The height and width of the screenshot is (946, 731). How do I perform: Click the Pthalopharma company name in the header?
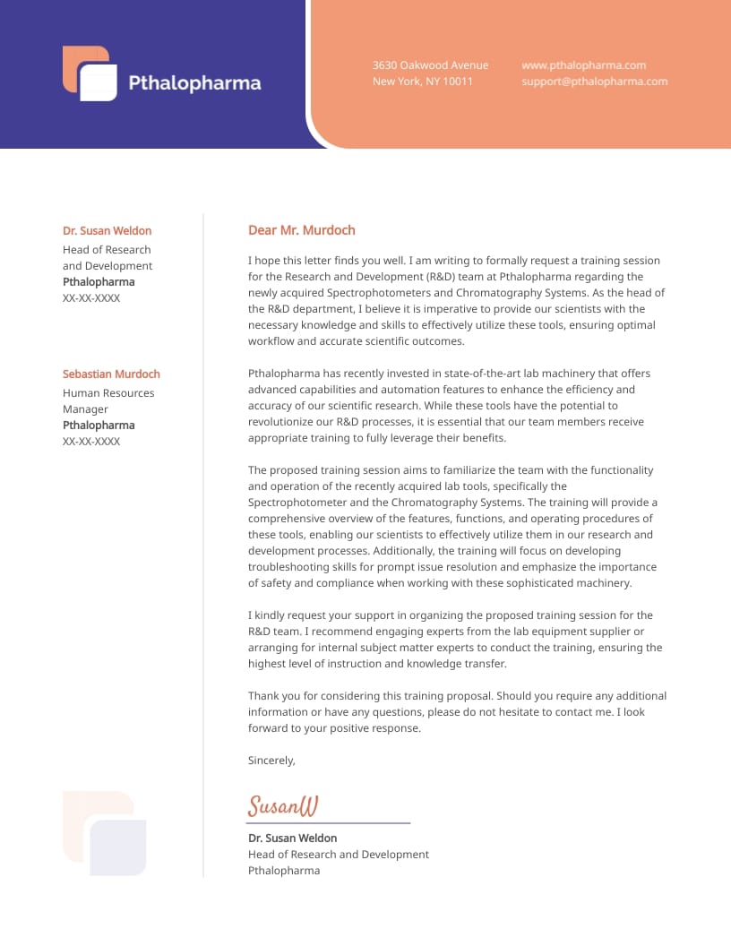point(194,83)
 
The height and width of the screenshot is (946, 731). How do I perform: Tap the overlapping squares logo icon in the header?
point(90,73)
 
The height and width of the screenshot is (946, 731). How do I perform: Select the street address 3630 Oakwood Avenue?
point(431,65)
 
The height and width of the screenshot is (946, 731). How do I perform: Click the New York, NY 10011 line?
point(423,82)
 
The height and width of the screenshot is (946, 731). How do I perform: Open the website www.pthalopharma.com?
point(583,65)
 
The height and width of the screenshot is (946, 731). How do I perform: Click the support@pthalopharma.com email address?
point(594,82)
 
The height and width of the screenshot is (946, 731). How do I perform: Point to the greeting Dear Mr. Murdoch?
point(301,230)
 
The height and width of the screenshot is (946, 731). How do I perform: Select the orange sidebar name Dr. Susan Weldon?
point(107,231)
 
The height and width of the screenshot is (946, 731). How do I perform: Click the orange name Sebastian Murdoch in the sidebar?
point(111,374)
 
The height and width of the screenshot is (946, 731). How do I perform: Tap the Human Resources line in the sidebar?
point(108,393)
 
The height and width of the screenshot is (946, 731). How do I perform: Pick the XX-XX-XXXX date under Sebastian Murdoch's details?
point(91,442)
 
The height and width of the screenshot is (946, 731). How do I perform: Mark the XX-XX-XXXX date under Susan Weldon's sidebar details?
point(91,298)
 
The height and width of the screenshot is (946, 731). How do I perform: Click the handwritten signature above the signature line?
point(282,806)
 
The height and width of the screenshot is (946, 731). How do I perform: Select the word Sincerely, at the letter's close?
point(271,761)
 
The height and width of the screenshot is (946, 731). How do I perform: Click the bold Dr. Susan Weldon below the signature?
point(292,838)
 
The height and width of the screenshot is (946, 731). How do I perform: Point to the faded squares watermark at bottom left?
point(104,833)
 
